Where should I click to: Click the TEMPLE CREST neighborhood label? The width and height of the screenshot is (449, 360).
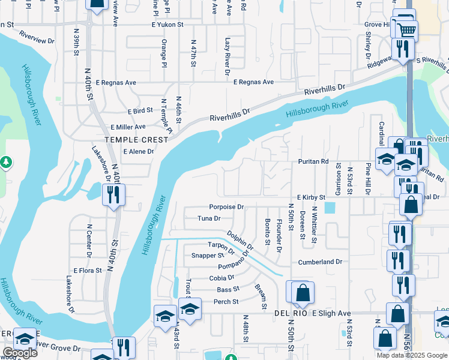click(x=134, y=139)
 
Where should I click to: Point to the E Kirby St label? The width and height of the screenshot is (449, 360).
click(x=310, y=197)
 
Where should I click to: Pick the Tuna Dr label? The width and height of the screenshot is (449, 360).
click(x=209, y=218)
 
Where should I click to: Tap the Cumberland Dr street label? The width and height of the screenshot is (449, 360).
click(x=320, y=262)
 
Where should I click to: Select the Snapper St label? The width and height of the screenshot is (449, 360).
click(x=207, y=256)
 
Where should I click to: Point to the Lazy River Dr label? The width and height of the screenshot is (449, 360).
click(x=228, y=56)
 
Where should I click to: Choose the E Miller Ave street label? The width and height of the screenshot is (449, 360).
click(x=128, y=127)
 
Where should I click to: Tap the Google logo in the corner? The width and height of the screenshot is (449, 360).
click(x=20, y=353)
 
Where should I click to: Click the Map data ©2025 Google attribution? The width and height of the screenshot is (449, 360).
click(x=412, y=355)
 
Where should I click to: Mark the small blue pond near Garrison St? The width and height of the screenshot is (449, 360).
click(x=330, y=208)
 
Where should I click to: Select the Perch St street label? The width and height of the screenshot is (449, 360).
click(x=226, y=301)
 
